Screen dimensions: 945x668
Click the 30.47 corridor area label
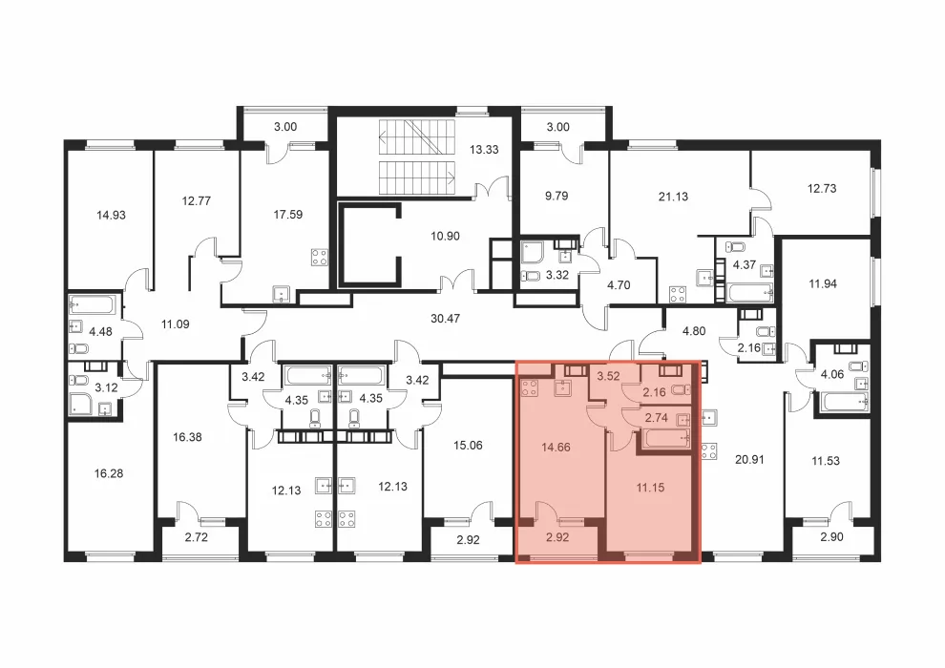[445, 319]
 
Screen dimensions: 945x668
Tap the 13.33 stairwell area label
[484, 150]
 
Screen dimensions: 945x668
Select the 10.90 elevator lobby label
[445, 236]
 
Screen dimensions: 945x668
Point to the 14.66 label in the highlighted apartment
[556, 448]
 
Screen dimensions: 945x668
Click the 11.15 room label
[650, 488]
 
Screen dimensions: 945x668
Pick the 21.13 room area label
[673, 197]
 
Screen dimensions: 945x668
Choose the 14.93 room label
[111, 215]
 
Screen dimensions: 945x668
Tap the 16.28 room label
[109, 474]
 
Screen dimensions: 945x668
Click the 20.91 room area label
[749, 460]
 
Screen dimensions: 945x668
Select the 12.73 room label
[822, 189]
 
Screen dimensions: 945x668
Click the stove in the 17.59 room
[320, 258]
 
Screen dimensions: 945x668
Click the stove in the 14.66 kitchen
[530, 388]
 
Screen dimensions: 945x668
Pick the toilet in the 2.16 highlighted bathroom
[681, 389]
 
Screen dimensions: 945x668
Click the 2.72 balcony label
[197, 537]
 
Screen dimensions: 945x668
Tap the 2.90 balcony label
[831, 537]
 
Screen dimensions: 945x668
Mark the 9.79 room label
[556, 197]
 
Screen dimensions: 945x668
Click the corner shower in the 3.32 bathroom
[534, 254]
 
